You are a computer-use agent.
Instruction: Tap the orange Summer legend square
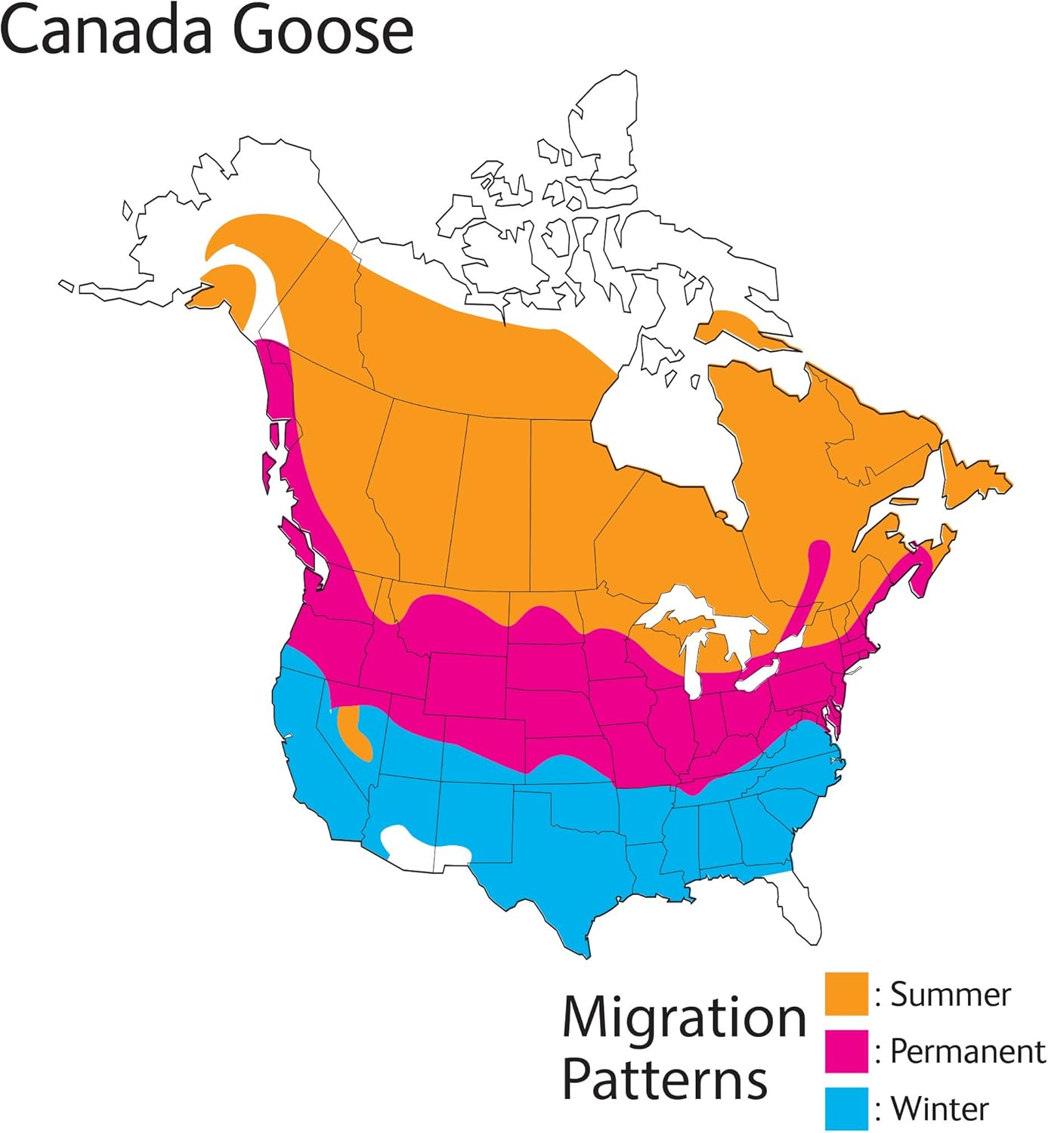click(x=846, y=994)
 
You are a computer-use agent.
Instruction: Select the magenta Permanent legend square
click(x=846, y=1051)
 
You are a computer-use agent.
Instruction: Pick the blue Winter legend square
click(x=846, y=1108)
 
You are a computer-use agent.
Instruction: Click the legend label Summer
click(x=951, y=994)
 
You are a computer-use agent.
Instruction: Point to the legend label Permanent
click(x=968, y=1051)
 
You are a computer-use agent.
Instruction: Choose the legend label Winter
click(x=940, y=1109)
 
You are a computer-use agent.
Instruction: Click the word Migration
click(x=685, y=1017)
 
